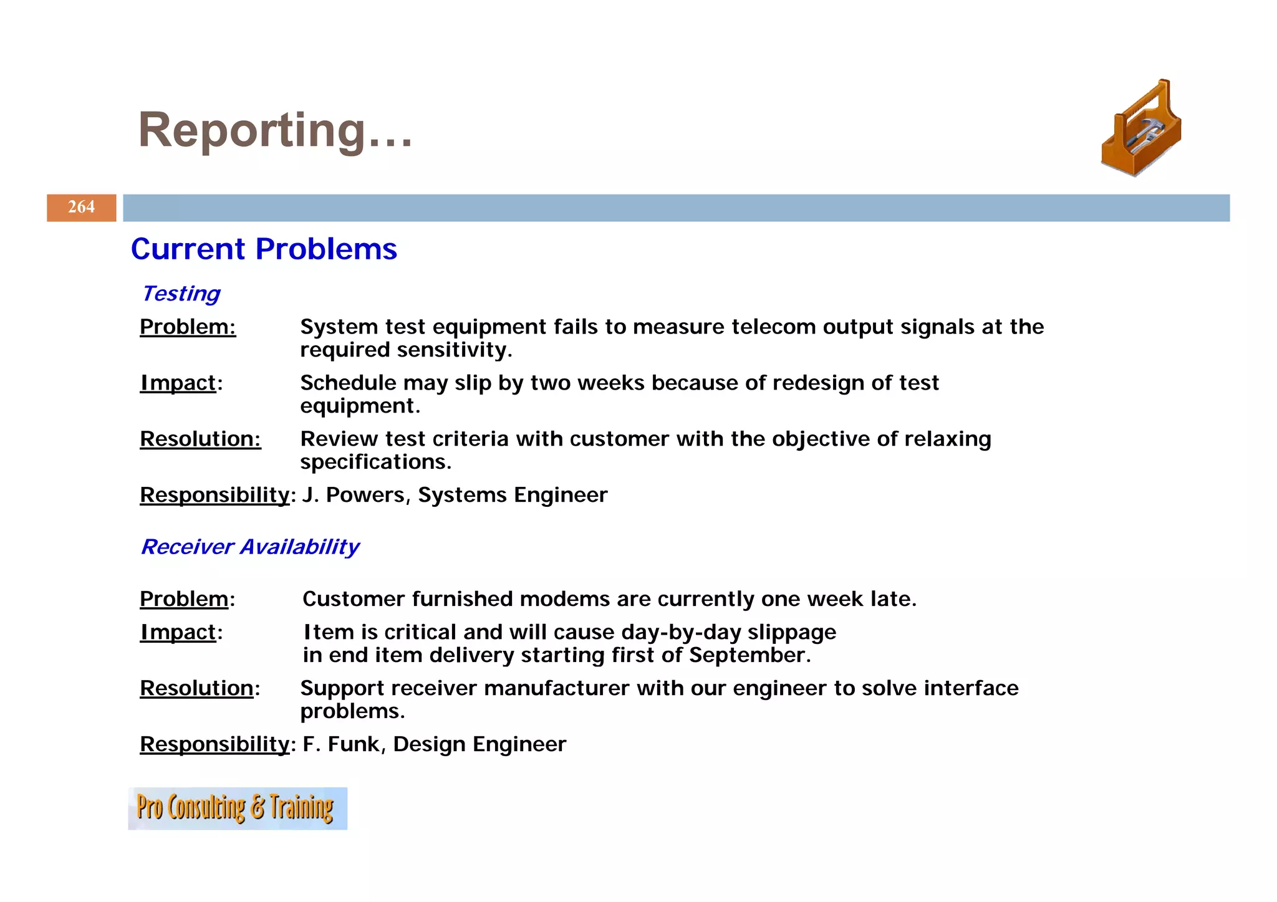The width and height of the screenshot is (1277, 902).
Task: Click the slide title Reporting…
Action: pos(275,130)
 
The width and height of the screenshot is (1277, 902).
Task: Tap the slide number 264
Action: pos(81,207)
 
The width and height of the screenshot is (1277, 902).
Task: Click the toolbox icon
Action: pos(1141,128)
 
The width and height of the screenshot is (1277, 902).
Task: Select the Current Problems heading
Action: pos(264,249)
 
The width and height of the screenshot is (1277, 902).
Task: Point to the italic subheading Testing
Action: pos(181,294)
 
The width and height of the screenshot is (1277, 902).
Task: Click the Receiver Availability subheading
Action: pos(250,547)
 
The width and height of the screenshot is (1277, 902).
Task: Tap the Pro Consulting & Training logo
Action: pos(237,808)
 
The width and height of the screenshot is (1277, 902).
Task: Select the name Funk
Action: pos(354,744)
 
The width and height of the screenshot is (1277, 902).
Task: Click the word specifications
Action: pos(375,462)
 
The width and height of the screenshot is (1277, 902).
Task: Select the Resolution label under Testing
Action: pos(200,439)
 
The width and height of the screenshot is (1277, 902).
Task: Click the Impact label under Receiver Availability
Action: pos(178,632)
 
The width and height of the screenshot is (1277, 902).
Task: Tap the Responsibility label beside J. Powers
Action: pos(214,495)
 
